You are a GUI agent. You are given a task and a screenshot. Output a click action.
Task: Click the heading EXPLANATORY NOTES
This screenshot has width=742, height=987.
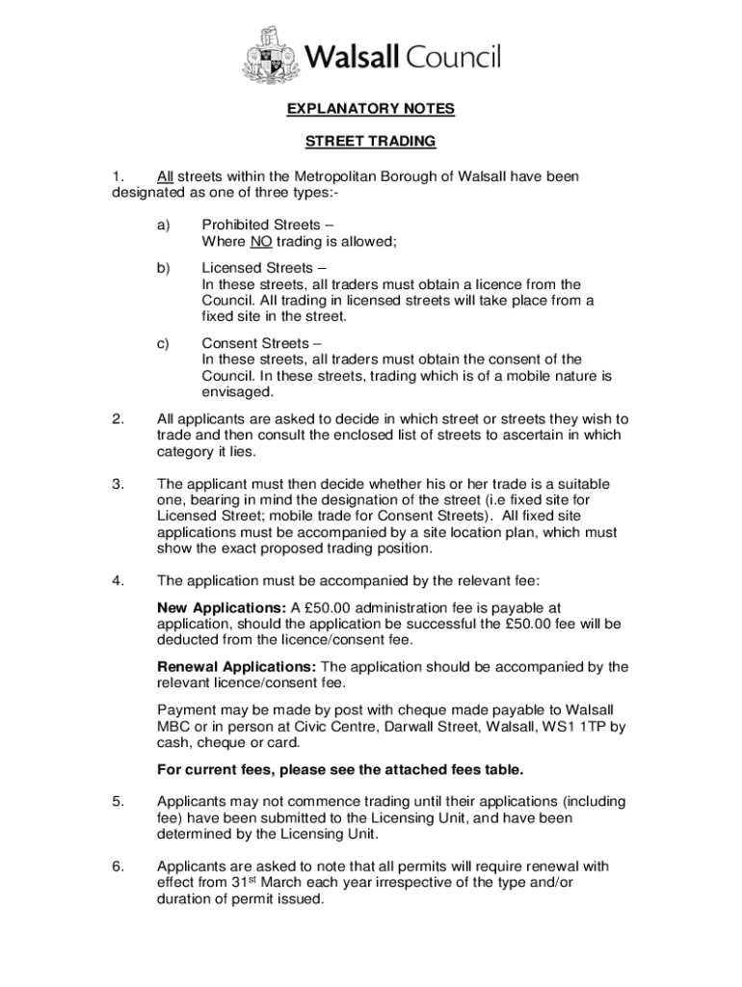371,109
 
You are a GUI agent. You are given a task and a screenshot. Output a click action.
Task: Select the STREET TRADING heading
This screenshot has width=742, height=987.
371,141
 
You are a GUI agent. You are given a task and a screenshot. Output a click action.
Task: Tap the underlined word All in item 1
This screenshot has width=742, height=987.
165,176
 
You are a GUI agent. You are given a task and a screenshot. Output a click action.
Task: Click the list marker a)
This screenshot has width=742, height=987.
163,225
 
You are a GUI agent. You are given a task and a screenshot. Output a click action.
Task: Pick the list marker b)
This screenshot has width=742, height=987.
163,267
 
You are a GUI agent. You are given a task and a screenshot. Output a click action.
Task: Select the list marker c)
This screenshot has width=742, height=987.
163,342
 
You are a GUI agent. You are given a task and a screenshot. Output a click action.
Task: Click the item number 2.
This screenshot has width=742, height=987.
118,418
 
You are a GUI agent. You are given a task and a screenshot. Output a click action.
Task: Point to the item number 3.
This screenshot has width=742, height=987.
118,483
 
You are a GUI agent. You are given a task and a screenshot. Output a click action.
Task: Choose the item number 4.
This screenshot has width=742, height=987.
118,580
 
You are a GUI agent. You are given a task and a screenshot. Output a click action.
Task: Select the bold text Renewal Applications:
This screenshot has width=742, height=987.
236,666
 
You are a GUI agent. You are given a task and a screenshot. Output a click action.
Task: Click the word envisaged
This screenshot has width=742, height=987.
238,392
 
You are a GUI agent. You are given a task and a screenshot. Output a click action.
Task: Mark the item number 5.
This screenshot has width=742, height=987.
118,801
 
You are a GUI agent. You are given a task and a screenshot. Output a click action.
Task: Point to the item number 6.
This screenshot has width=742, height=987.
118,866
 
